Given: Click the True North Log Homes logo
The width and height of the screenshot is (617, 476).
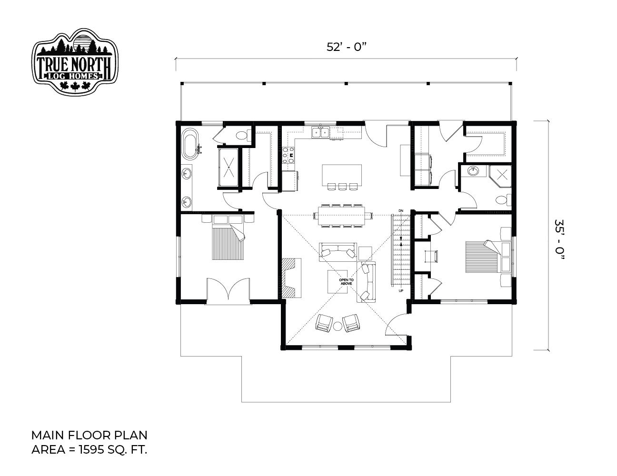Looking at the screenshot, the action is (x=75, y=62).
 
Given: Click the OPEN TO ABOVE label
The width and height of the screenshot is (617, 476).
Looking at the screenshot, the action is (x=346, y=282).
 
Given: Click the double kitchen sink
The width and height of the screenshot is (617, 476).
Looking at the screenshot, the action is (x=320, y=132).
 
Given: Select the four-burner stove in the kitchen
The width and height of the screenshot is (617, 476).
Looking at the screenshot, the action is (x=288, y=155).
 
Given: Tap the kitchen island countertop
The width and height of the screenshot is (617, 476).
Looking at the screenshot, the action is (x=342, y=175).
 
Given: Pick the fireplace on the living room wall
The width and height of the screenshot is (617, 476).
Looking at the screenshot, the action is (x=291, y=278).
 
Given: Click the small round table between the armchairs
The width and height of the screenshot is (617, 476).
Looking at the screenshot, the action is (x=338, y=327).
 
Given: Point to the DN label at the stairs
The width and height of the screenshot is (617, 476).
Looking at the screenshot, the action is (x=401, y=210).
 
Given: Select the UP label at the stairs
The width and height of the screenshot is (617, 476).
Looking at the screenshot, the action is (x=401, y=291).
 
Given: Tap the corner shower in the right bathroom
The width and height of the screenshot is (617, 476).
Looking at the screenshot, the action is (x=500, y=176).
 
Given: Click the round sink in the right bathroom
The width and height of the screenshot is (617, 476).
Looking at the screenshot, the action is (x=473, y=171).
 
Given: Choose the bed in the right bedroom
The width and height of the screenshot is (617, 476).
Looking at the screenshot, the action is (x=487, y=257).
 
